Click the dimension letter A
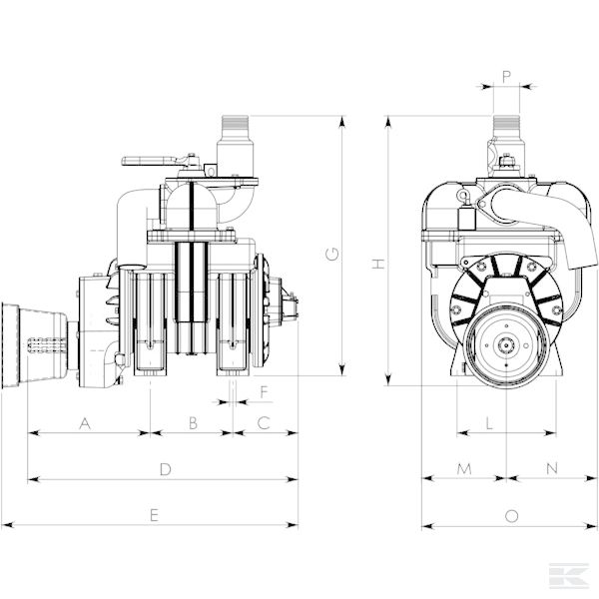pyautogui.click(x=85, y=423)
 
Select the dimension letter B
pyautogui.click(x=193, y=423)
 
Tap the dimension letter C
pyautogui.click(x=264, y=423)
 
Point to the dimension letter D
pyautogui.click(x=165, y=469)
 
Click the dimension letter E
pyautogui.click(x=154, y=515)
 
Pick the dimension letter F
pyautogui.click(x=264, y=392)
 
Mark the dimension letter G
pyautogui.click(x=332, y=254)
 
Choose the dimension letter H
pyautogui.click(x=378, y=264)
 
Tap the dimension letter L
pyautogui.click(x=489, y=423)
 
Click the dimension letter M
pyautogui.click(x=464, y=469)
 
